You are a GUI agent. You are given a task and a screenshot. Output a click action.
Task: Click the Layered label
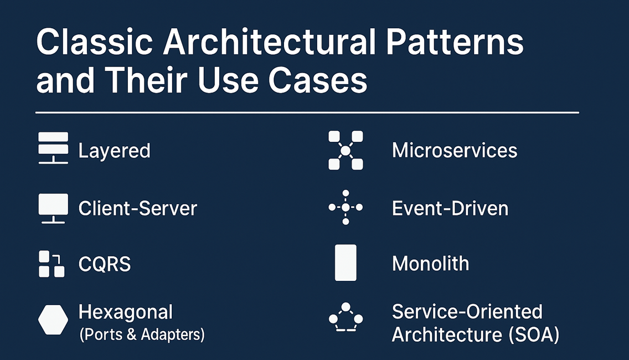pyautogui.click(x=114, y=151)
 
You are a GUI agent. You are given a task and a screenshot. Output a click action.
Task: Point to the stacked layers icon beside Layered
pyautogui.click(x=53, y=148)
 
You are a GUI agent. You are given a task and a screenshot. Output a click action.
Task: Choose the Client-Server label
pyautogui.click(x=137, y=208)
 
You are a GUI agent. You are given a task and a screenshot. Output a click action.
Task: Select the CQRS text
pyautogui.click(x=105, y=264)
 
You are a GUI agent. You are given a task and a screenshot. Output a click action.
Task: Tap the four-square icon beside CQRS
pyautogui.click(x=51, y=264)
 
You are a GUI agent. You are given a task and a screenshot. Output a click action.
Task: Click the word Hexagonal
pyautogui.click(x=126, y=312)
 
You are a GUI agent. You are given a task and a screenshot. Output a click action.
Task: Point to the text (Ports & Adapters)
pyautogui.click(x=142, y=335)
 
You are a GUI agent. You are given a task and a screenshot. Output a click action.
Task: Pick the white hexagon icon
pyautogui.click(x=53, y=320)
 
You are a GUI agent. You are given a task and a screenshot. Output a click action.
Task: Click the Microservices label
pyautogui.click(x=455, y=151)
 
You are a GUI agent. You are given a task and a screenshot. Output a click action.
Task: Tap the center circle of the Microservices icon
pyautogui.click(x=346, y=150)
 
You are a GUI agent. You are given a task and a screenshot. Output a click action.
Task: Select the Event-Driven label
pyautogui.click(x=450, y=208)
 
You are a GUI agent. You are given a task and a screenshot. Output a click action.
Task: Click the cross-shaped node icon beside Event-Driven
pyautogui.click(x=346, y=207)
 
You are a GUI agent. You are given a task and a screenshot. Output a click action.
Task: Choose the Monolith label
pyautogui.click(x=430, y=264)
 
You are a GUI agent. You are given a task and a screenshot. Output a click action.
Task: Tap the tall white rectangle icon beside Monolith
pyautogui.click(x=346, y=263)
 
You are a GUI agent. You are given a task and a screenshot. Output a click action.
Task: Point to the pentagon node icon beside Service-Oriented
pyautogui.click(x=346, y=318)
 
